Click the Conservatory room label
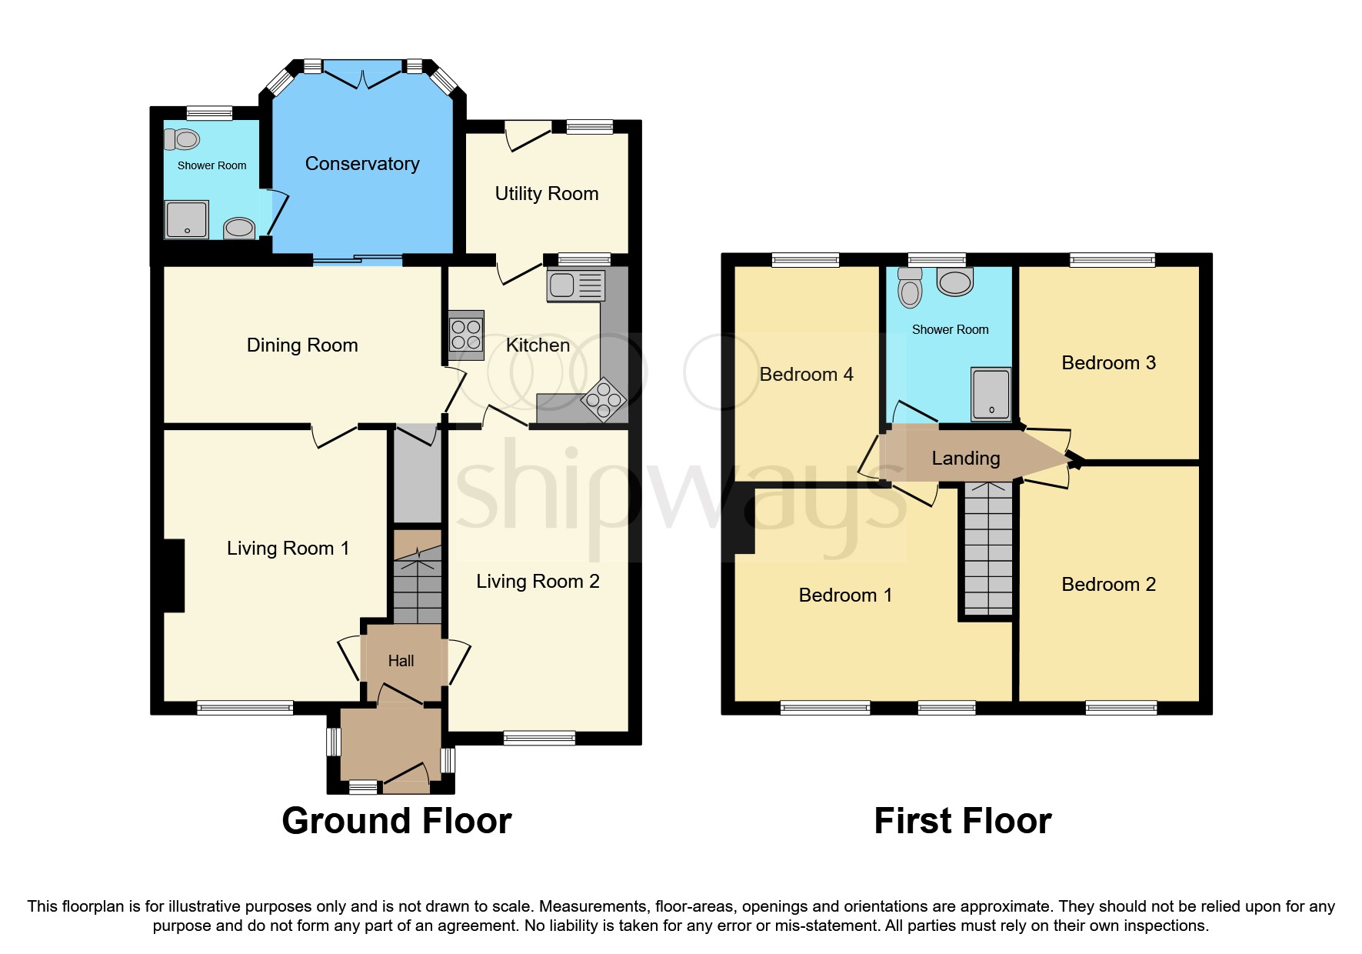point(362,164)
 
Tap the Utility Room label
point(546,194)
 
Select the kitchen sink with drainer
point(576,285)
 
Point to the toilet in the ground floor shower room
point(182,140)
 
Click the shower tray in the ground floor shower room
point(186,219)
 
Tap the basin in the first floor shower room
point(955,282)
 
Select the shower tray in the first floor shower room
point(991,394)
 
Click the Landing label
point(965,459)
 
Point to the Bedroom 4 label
point(806,375)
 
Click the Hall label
point(401,661)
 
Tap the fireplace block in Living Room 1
point(174,575)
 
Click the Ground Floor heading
point(396,821)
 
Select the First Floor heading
point(962,821)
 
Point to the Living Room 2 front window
point(539,739)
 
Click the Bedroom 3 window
point(1112,260)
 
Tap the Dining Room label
point(302,345)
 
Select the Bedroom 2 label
point(1108,585)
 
